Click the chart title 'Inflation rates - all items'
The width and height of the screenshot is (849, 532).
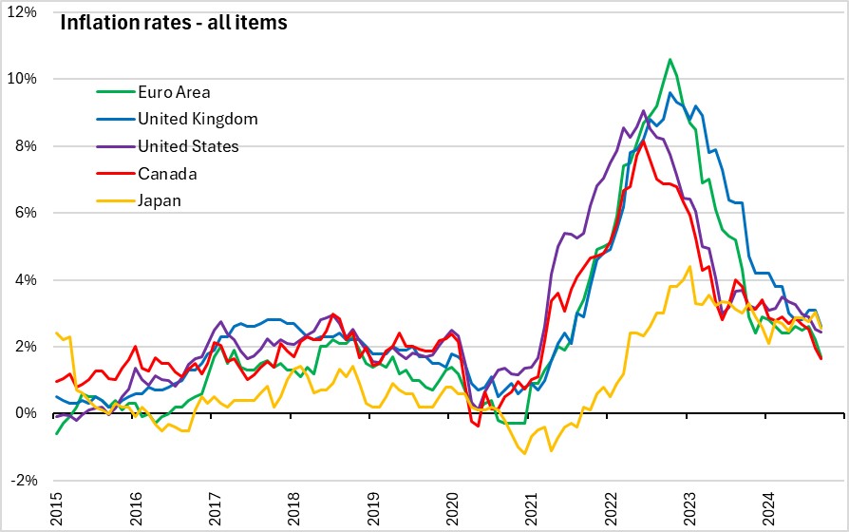tap(174, 22)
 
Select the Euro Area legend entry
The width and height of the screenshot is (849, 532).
tap(174, 92)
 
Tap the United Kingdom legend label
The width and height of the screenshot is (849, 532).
tap(198, 119)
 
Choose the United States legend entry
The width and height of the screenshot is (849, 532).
tap(188, 145)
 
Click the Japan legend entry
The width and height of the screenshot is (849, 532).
tap(159, 199)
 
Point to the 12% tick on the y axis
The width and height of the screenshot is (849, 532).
tap(25, 11)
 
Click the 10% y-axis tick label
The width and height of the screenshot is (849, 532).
tap(25, 78)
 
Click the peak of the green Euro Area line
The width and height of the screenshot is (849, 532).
tap(670, 59)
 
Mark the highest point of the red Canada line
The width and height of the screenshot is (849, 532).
tap(643, 142)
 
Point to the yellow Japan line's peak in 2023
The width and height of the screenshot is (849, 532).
tap(689, 266)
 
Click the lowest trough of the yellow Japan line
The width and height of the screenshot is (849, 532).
tap(524, 453)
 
